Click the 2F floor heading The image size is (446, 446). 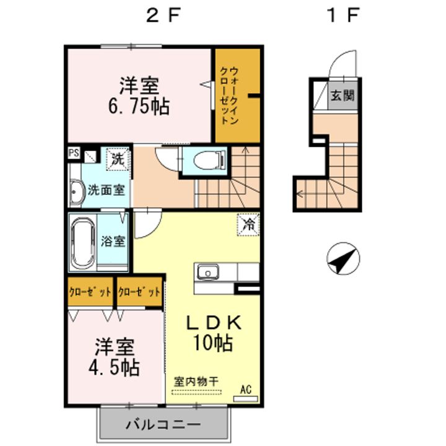coord(164,15)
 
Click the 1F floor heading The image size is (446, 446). coord(344,15)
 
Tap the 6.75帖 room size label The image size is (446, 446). coord(139,107)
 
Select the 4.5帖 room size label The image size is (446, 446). coord(114,367)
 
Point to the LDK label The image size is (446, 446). coord(214,323)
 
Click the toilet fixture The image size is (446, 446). coord(210,160)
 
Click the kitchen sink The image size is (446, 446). coord(208,272)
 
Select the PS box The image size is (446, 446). coord(74,153)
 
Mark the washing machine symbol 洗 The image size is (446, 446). coord(118,160)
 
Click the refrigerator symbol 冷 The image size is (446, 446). coord(248,225)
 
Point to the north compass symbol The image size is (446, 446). coord(343,258)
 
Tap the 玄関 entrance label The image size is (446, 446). coord(343,95)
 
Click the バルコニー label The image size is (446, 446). coord(164,425)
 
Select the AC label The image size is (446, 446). coord(246,390)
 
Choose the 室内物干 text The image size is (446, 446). coord(196,382)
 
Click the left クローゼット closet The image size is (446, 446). coord(90,292)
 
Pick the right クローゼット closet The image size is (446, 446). coord(139,292)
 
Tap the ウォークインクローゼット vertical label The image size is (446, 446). coord(229,95)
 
